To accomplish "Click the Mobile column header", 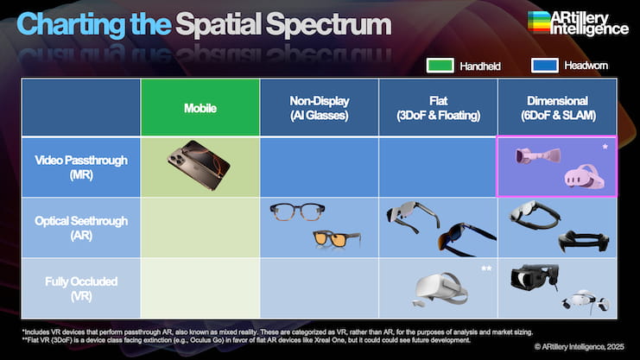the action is (200, 108).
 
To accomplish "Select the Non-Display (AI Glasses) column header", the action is (320, 108).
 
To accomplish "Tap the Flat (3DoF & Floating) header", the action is (439, 108).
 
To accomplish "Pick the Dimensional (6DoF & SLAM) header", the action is (558, 108).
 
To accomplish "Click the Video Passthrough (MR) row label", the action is (81, 167).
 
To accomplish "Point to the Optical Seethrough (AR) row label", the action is (81, 228).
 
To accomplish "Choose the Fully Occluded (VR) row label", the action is (81, 288).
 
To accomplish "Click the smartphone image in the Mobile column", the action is (199, 165).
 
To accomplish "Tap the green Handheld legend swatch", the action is (440, 66).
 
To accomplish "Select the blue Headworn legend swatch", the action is (545, 66).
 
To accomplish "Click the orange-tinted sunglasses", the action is (337, 240).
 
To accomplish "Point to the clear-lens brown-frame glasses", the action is (297, 212).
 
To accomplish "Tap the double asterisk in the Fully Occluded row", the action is (486, 268).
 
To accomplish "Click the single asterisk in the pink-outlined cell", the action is (605, 147).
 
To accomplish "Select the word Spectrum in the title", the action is (328, 24).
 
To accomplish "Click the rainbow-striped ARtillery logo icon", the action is (539, 22).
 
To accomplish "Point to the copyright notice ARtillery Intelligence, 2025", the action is (580, 347).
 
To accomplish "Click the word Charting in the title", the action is (71, 25).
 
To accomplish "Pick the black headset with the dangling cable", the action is (535, 277).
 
